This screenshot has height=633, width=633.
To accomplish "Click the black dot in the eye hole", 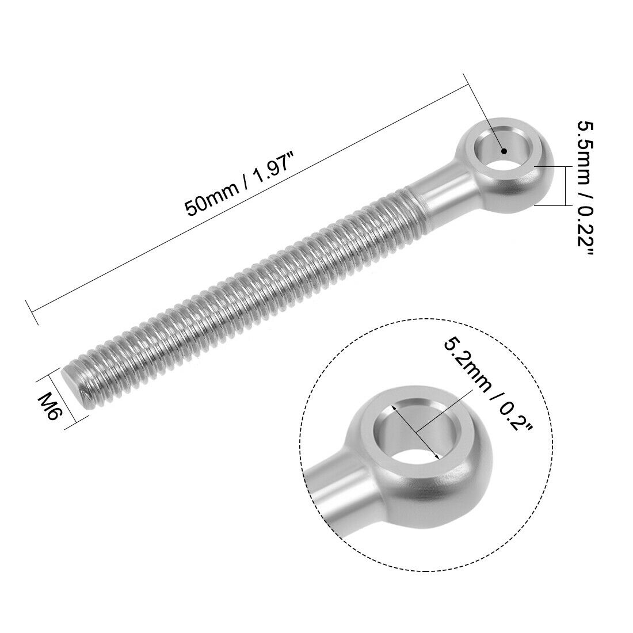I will (x=504, y=151).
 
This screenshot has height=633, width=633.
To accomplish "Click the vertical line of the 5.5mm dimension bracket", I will (x=567, y=185).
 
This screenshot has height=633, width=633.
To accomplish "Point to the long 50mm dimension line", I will (x=247, y=201).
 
